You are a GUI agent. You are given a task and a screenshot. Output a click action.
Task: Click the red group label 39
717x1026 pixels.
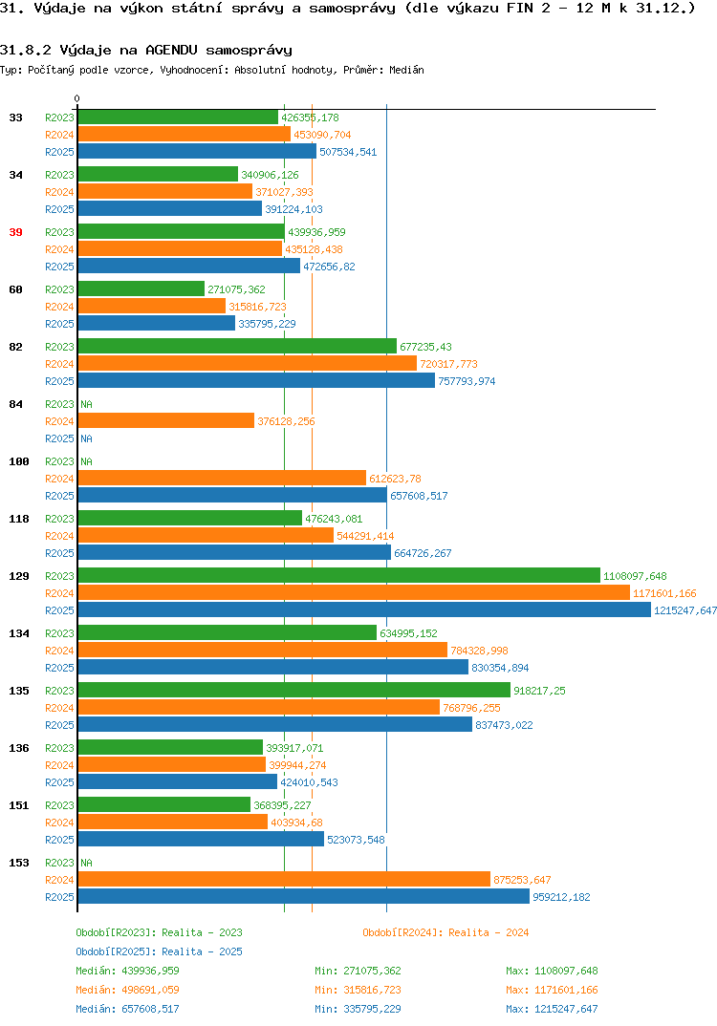click(x=15, y=232)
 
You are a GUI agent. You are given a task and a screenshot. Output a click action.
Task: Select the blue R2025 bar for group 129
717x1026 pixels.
click(x=364, y=609)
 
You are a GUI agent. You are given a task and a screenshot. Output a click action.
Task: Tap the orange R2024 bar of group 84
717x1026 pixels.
click(x=165, y=420)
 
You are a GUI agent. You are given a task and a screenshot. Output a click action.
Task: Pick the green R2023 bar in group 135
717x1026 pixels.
click(x=294, y=690)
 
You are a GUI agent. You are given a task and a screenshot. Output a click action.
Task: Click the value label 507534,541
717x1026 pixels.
click(x=348, y=152)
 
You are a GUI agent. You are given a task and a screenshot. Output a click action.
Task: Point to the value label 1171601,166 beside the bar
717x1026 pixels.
click(x=664, y=593)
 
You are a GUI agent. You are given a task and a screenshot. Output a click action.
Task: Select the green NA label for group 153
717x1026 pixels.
click(x=86, y=863)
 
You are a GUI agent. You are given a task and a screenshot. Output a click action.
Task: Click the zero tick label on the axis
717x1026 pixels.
click(x=77, y=98)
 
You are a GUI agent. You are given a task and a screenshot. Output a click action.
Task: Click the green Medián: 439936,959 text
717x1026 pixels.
click(x=127, y=971)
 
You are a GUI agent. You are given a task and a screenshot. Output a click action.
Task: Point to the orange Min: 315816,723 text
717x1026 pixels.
click(x=358, y=990)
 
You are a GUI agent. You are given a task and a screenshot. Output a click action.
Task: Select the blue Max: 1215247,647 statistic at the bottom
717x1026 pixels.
click(x=552, y=1009)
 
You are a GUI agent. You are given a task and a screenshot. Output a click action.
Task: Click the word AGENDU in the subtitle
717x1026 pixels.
click(x=171, y=51)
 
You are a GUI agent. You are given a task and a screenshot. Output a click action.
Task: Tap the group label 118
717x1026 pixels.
click(x=19, y=519)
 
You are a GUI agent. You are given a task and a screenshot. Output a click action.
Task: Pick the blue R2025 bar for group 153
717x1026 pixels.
click(x=303, y=896)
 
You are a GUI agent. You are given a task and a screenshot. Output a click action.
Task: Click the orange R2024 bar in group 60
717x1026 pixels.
click(x=151, y=307)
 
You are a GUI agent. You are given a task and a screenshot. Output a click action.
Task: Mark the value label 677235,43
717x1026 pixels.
click(x=425, y=347)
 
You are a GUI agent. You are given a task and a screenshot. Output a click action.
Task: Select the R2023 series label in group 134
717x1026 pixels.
click(x=59, y=633)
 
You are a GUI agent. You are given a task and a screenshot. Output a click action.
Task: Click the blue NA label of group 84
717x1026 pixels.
click(x=86, y=438)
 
